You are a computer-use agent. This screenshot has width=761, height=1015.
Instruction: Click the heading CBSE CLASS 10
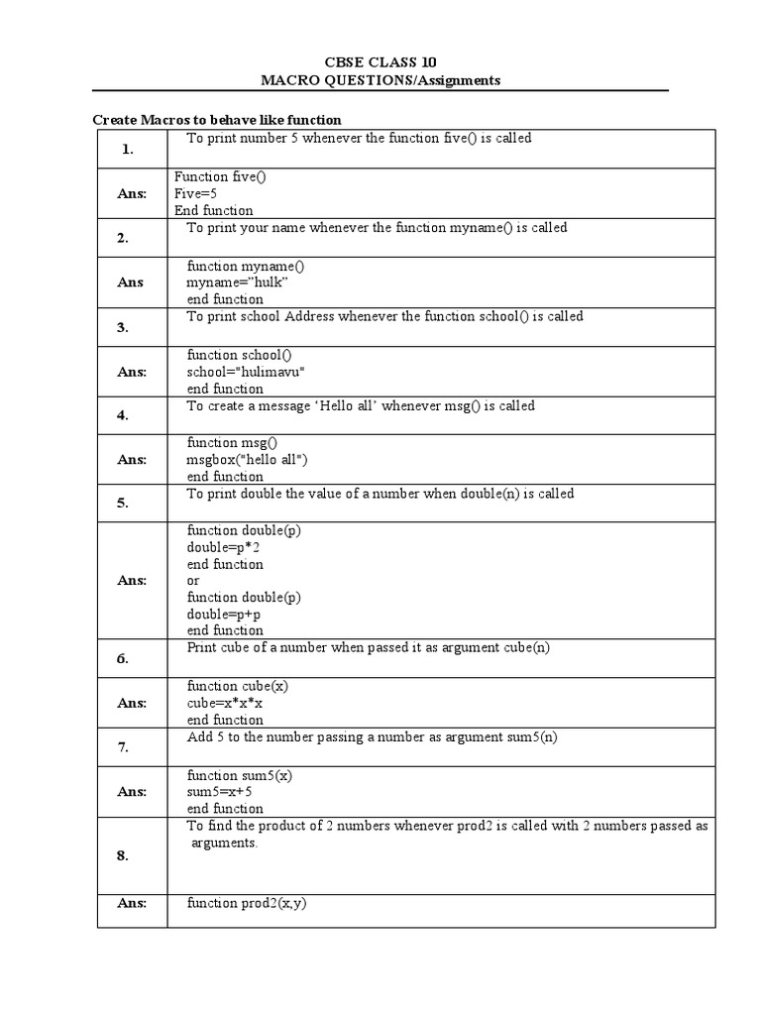(x=380, y=61)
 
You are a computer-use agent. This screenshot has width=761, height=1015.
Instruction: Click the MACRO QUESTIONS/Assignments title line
(x=380, y=79)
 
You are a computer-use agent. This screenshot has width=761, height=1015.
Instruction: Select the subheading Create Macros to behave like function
(x=217, y=119)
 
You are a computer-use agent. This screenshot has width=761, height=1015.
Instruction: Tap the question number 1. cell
(x=128, y=150)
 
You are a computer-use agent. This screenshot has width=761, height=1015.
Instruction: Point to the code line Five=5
(x=195, y=193)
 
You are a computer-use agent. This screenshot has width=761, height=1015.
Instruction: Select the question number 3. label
(x=123, y=327)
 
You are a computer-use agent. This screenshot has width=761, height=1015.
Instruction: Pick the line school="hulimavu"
(x=246, y=372)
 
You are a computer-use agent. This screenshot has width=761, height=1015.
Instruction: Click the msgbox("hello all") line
(x=248, y=460)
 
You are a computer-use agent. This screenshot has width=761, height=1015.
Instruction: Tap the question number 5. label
(x=123, y=503)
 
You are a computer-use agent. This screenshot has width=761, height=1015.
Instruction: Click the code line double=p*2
(x=224, y=547)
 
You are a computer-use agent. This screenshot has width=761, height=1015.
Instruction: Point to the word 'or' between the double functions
(x=193, y=581)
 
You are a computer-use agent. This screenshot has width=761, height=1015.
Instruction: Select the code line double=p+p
(x=224, y=615)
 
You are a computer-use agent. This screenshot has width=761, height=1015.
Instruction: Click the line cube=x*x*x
(x=225, y=703)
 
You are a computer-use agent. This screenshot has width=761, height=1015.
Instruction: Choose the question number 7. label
(x=123, y=747)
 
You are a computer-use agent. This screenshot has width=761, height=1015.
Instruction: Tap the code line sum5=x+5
(x=220, y=792)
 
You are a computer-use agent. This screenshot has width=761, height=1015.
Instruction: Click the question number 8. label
(x=123, y=855)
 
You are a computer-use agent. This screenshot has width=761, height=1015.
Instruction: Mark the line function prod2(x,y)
(x=246, y=903)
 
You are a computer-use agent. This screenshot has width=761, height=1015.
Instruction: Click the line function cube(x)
(x=238, y=686)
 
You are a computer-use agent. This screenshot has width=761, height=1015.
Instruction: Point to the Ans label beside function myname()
(x=131, y=282)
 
